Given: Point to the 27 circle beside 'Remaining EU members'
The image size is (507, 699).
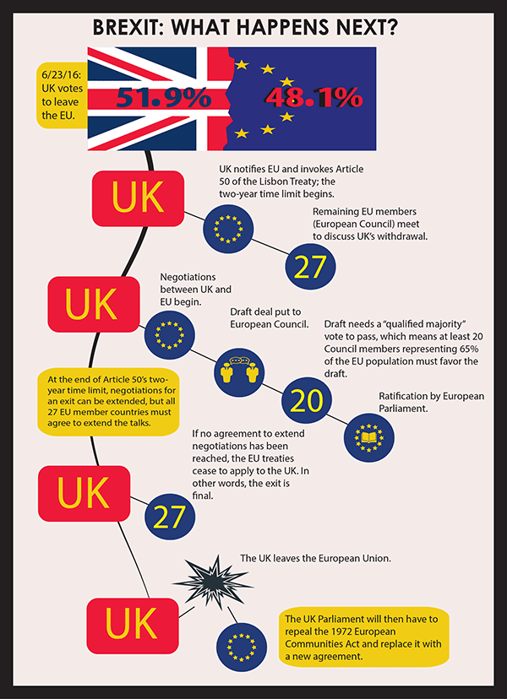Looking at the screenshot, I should click(x=309, y=265).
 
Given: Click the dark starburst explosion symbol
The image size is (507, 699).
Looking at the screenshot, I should click(x=203, y=580).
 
